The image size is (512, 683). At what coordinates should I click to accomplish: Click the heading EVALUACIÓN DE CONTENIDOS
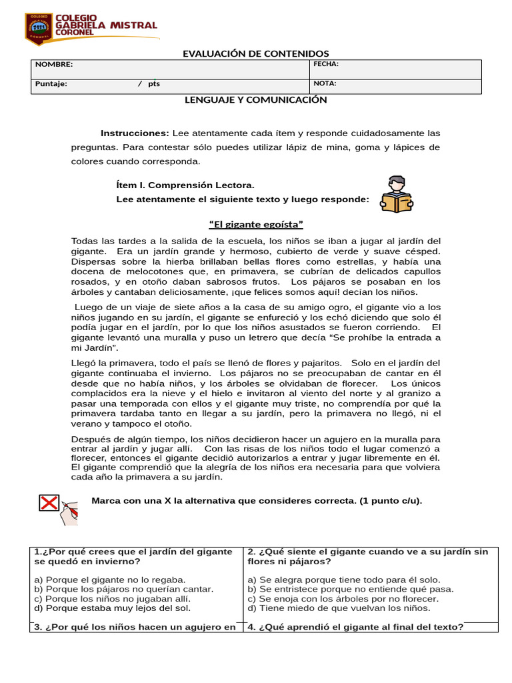point(256,53)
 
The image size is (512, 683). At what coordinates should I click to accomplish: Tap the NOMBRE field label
point(54,65)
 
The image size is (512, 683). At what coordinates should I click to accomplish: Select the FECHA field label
point(326,64)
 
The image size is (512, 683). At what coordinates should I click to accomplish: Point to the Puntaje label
point(51,84)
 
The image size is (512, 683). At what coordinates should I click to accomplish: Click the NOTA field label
point(325,83)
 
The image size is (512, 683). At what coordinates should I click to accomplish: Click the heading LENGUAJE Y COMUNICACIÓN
point(256,99)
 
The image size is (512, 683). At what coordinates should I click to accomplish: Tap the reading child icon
point(396,194)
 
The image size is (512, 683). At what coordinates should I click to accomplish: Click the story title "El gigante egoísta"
point(256,224)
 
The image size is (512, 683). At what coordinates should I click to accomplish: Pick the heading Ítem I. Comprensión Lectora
point(185,185)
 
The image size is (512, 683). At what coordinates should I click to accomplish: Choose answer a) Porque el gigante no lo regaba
point(110,580)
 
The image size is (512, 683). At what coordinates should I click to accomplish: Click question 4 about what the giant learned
point(355,626)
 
